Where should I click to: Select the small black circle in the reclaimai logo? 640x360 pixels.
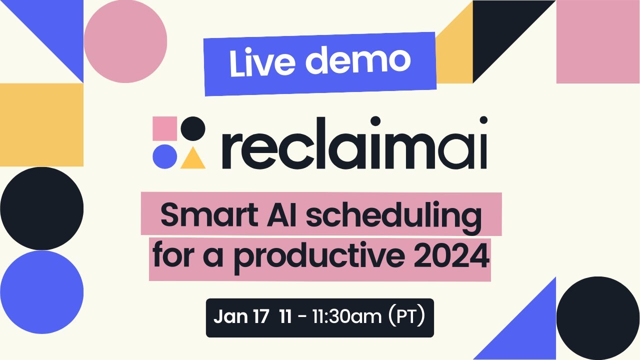point(193,128)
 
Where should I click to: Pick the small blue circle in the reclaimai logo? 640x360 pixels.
point(164,156)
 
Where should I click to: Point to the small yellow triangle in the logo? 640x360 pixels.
point(193,158)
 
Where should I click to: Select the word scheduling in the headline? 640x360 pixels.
point(393,216)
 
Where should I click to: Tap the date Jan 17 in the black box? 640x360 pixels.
point(241,317)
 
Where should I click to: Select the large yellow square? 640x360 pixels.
point(41,124)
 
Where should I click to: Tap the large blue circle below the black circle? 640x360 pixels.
point(41,292)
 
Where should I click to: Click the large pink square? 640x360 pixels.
point(598,41)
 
